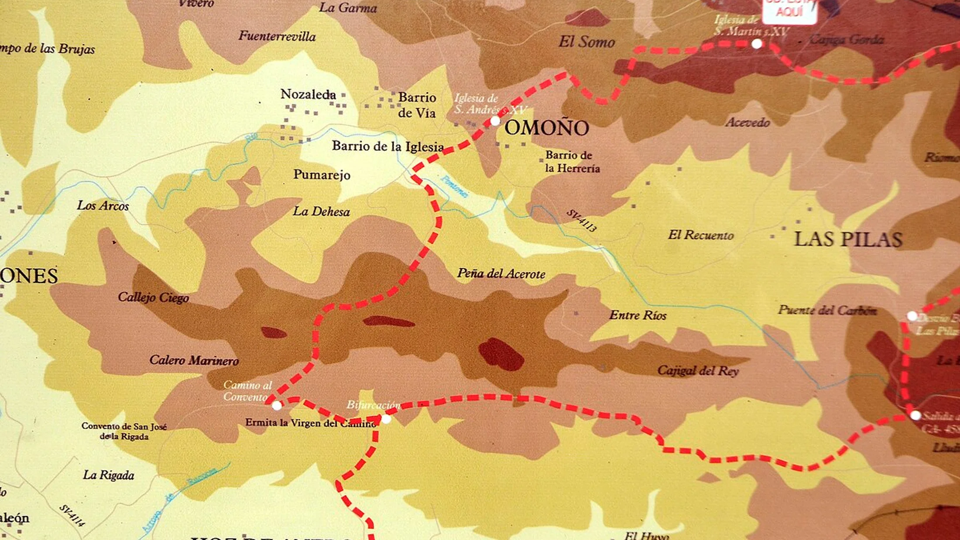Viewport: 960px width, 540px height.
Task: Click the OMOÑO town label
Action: pyautogui.click(x=546, y=128)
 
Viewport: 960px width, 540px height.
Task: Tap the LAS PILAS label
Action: pyautogui.click(x=848, y=239)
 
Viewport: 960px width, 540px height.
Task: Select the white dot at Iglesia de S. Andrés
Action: pyautogui.click(x=495, y=121)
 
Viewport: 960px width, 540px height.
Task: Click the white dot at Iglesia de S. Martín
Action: pyautogui.click(x=757, y=44)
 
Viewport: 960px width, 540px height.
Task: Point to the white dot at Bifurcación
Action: pyautogui.click(x=386, y=419)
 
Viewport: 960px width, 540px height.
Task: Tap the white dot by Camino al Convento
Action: pyautogui.click(x=277, y=406)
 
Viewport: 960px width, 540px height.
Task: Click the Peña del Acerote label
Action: pyautogui.click(x=501, y=274)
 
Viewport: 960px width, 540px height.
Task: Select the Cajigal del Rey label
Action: pyautogui.click(x=697, y=371)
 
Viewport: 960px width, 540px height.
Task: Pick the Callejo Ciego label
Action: pyautogui.click(x=153, y=297)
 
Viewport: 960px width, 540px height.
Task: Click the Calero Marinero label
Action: pyautogui.click(x=194, y=360)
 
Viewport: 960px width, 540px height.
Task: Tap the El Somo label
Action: pyautogui.click(x=586, y=42)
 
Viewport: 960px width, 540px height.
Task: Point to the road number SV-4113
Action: pyautogui.click(x=581, y=221)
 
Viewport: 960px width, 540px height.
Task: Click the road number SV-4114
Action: pyautogui.click(x=72, y=516)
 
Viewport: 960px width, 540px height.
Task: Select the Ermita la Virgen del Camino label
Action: pyautogui.click(x=310, y=423)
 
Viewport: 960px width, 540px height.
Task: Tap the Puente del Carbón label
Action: pyautogui.click(x=827, y=310)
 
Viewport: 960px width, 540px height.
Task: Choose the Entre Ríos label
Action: pyautogui.click(x=638, y=315)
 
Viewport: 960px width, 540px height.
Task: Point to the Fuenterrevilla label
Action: pyautogui.click(x=277, y=36)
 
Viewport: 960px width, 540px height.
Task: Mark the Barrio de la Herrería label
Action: pyautogui.click(x=572, y=162)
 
